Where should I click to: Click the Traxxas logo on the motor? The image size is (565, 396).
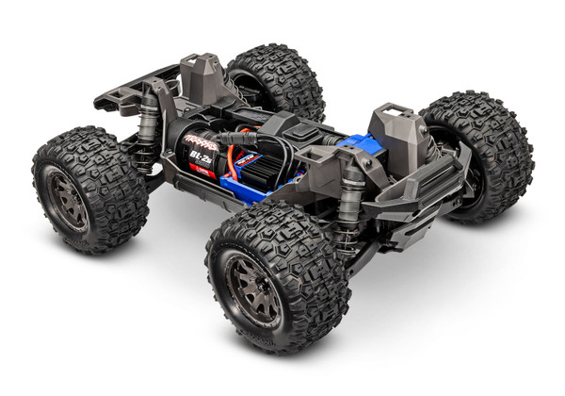pyautogui.click(x=200, y=140)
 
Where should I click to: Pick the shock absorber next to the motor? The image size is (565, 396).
pyautogui.click(x=149, y=133)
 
